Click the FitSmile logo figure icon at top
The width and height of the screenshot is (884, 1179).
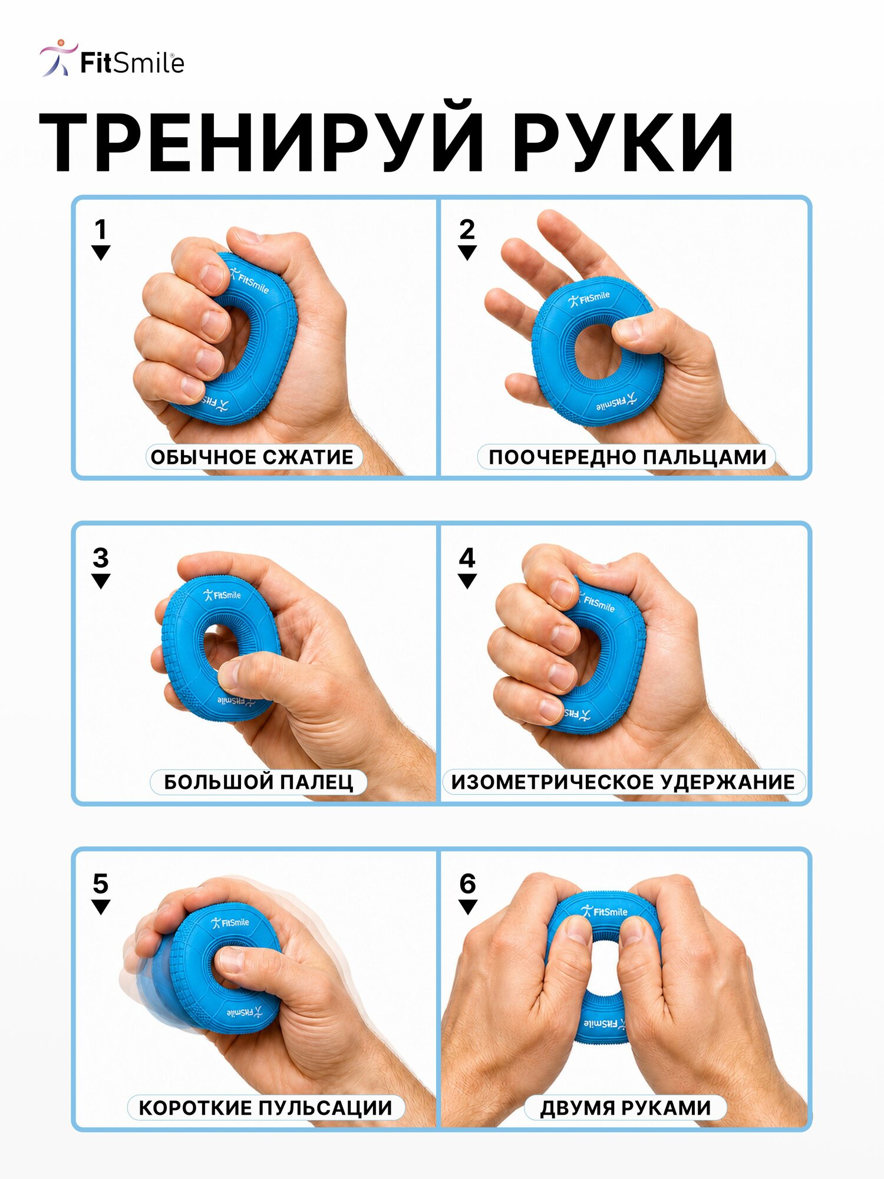coord(58,58)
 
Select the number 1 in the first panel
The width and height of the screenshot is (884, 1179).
coord(101,229)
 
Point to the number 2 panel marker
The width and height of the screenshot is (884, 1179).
coord(467,229)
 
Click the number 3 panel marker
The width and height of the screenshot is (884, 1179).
coord(101,558)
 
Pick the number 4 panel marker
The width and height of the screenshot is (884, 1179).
coord(467,558)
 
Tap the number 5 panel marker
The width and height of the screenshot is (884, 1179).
coord(101,884)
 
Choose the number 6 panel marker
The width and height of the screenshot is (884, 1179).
coord(467,884)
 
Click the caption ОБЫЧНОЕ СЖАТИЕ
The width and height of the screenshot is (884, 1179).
coord(252,457)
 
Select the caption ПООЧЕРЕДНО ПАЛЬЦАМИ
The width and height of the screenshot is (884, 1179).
coord(627,457)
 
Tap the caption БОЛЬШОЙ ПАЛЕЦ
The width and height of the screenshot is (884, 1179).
coord(258,782)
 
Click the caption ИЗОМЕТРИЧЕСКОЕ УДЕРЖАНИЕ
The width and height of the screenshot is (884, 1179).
coord(623,782)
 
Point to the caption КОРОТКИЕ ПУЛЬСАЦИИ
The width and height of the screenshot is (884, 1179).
coord(265,1108)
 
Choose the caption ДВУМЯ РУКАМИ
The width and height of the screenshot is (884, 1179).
coord(625,1108)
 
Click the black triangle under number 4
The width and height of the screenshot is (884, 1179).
coord(467,581)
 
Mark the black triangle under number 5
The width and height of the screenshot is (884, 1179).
coord(101,907)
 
